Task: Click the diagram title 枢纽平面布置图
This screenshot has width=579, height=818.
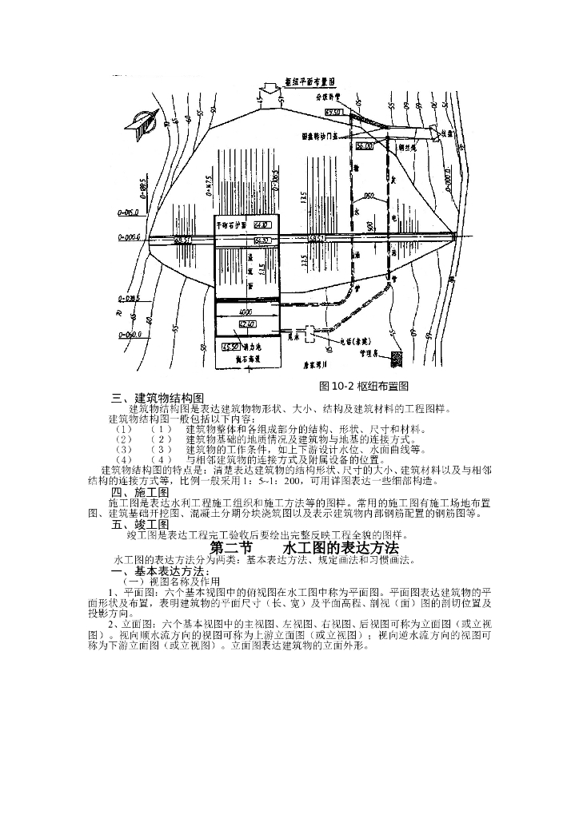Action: point(310,83)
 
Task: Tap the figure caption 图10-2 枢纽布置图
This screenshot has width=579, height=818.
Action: point(364,386)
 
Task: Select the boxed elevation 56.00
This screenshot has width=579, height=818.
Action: point(364,147)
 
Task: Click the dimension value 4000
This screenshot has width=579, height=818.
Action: point(246,310)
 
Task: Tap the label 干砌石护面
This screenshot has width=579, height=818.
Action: point(232,225)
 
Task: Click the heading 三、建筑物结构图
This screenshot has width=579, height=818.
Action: point(158,398)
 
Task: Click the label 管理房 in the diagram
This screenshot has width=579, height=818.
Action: point(370,351)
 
